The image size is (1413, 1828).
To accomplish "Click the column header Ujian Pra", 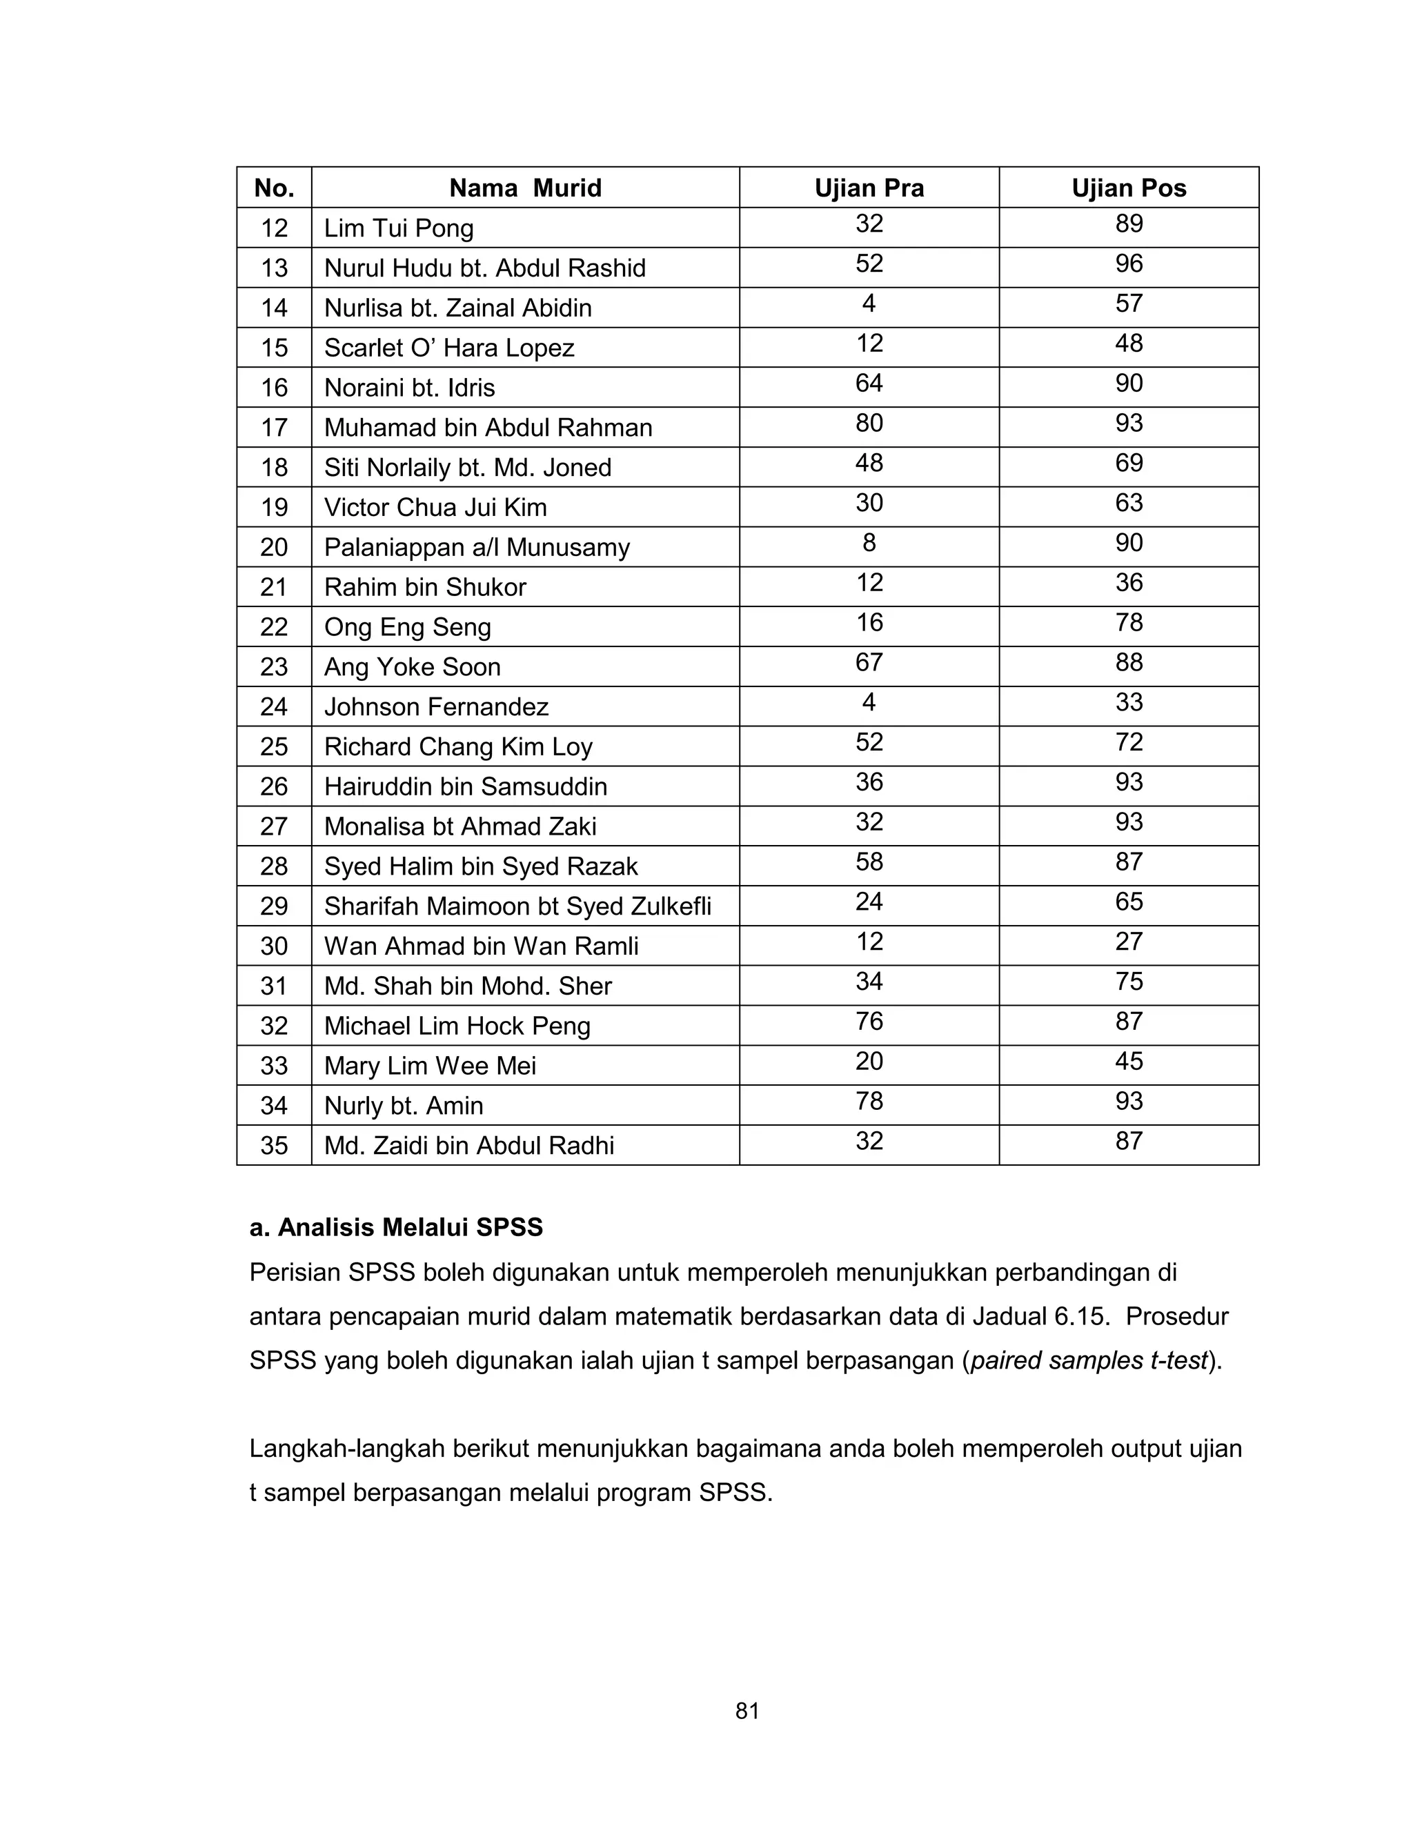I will (869, 188).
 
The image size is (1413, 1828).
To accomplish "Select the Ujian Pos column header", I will (1128, 188).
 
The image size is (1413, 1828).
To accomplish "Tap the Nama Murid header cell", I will (525, 188).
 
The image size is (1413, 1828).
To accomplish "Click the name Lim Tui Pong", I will (399, 228).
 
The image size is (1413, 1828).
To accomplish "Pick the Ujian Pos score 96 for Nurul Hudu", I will (1128, 264).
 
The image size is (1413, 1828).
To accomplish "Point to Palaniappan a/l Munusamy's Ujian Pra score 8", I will (869, 543).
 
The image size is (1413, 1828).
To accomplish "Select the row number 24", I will (274, 706).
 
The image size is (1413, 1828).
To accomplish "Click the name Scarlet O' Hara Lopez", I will (448, 348).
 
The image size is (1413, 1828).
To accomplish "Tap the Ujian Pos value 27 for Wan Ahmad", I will (1128, 942).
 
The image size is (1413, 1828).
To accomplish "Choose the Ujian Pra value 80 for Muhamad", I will (869, 424).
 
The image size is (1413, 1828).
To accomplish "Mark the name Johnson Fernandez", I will (436, 706).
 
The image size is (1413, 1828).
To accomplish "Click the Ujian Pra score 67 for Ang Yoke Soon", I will (869, 663).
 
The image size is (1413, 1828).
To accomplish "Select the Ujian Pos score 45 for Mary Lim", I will (1128, 1062).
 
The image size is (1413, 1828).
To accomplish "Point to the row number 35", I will (274, 1145).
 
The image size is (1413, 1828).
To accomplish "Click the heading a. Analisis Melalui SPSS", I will (396, 1227).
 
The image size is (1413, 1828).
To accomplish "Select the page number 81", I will (747, 1711).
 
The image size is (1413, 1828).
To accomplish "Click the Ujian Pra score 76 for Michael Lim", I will (869, 1021).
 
